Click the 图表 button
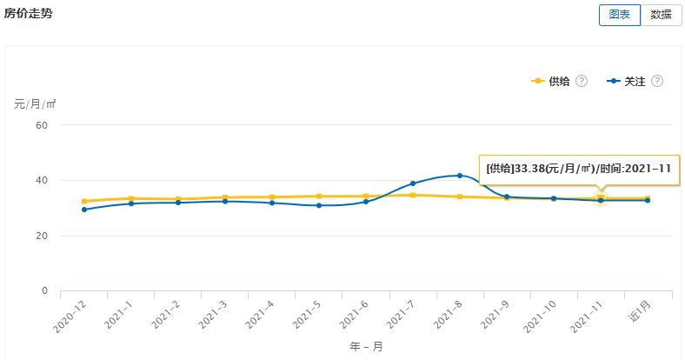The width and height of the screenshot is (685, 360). pyautogui.click(x=619, y=15)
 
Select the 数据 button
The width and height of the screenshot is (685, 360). pyautogui.click(x=661, y=15)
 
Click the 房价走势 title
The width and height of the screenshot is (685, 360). pyautogui.click(x=29, y=14)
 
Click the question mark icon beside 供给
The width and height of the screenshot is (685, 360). pyautogui.click(x=582, y=81)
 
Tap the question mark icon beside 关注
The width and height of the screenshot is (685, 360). pyautogui.click(x=657, y=81)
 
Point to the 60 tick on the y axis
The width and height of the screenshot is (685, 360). pyautogui.click(x=41, y=125)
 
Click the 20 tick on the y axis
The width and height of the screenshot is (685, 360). pyautogui.click(x=41, y=236)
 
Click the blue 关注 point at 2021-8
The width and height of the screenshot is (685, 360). pyautogui.click(x=460, y=176)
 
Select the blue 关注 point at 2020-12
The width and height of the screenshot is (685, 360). pyautogui.click(x=84, y=210)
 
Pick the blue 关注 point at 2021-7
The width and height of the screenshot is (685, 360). pyautogui.click(x=413, y=183)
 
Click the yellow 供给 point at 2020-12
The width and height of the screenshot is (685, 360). pyautogui.click(x=84, y=202)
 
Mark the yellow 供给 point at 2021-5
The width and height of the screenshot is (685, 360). pyautogui.click(x=319, y=197)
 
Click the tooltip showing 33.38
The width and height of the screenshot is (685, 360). pyautogui.click(x=578, y=169)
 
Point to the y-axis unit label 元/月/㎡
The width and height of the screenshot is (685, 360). pyautogui.click(x=36, y=104)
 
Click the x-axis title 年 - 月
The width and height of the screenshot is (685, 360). pyautogui.click(x=365, y=346)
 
